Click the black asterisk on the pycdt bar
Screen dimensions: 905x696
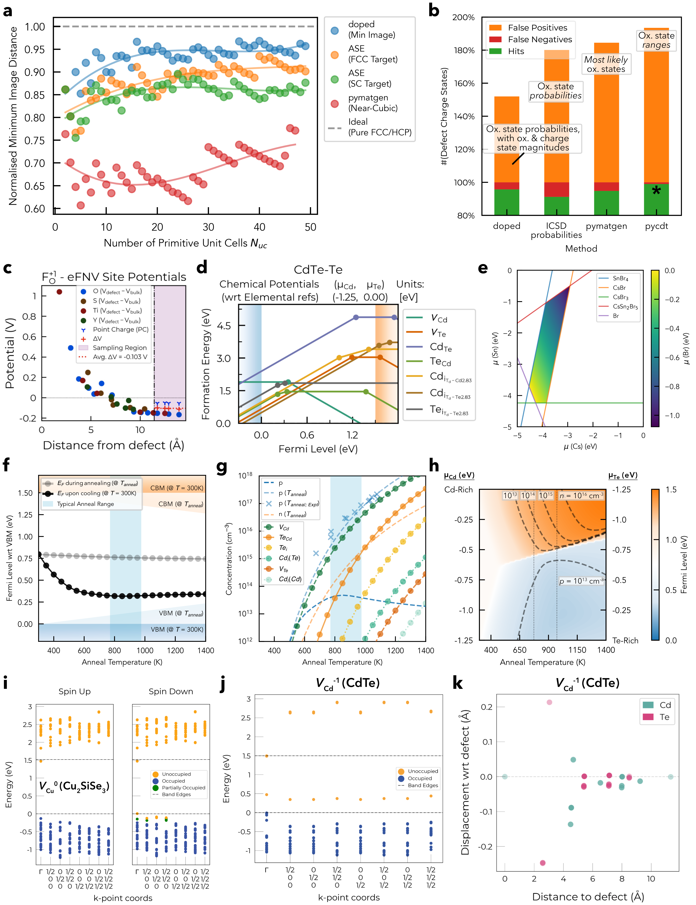656,191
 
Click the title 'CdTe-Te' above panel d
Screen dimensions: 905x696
318,270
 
